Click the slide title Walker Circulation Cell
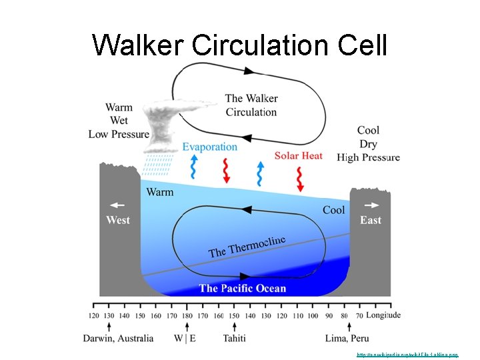click(x=240, y=45)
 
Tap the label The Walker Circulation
click(x=251, y=105)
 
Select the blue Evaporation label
click(x=209, y=147)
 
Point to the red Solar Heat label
click(x=298, y=155)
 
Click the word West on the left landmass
click(x=117, y=220)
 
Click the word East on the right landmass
click(x=371, y=220)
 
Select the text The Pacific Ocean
click(x=243, y=288)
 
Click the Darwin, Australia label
click(x=118, y=338)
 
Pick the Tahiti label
click(x=234, y=338)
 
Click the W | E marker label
click(x=185, y=338)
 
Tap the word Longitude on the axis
click(x=383, y=315)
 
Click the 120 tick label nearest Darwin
click(x=93, y=315)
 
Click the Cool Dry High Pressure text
click(x=368, y=144)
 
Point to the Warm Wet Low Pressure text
click(x=119, y=121)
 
